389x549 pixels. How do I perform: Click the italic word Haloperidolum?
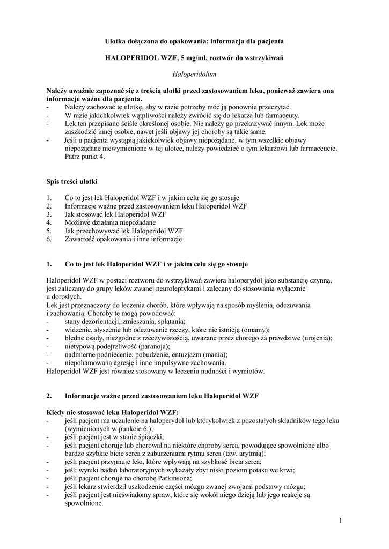(194, 71)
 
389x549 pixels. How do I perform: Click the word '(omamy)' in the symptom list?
(255, 329)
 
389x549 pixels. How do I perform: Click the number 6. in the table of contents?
(49, 239)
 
